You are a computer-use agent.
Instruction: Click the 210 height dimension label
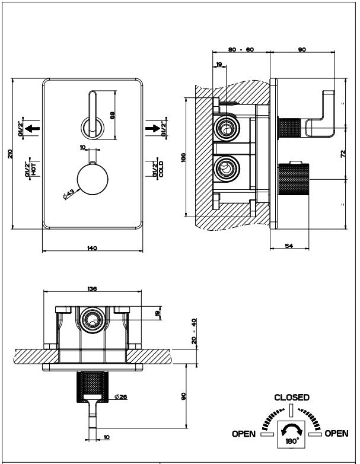[x=9, y=153]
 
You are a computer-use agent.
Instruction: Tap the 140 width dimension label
[x=92, y=248]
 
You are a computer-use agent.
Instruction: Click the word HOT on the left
[x=34, y=169]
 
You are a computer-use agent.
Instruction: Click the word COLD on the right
[x=161, y=169]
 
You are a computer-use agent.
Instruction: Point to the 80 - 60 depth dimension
[x=240, y=50]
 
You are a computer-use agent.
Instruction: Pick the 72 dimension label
[x=342, y=154]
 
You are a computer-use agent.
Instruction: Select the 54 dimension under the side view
[x=289, y=245]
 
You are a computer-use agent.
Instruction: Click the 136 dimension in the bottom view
[x=93, y=288]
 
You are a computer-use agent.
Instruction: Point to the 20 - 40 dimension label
[x=194, y=331]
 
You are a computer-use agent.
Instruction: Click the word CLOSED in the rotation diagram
[x=291, y=398]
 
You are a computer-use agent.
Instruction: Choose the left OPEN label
[x=243, y=434]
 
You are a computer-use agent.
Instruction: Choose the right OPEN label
[x=336, y=434]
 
